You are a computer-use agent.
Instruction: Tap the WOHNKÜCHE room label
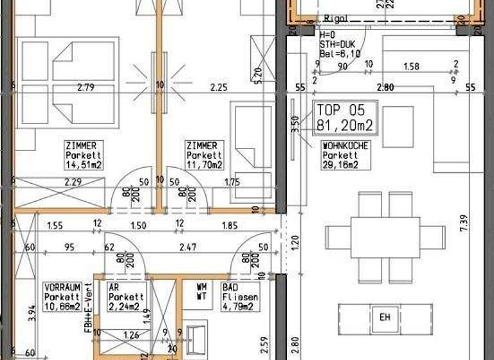click(346, 147)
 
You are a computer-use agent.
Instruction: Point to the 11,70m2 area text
click(204, 165)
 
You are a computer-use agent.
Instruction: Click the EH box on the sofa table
click(385, 316)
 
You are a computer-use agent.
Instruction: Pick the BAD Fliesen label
click(241, 293)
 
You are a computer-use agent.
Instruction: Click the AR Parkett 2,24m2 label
click(127, 297)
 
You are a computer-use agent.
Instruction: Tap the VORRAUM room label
click(62, 287)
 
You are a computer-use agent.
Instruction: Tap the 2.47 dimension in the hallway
click(187, 246)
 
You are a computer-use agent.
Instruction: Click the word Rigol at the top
click(336, 19)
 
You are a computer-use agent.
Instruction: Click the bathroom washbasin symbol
click(196, 338)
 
